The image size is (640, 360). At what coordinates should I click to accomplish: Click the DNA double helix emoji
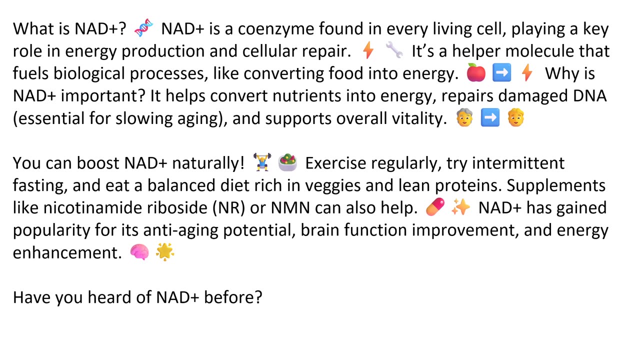pyautogui.click(x=144, y=28)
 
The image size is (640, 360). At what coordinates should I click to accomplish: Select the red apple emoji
pyautogui.click(x=476, y=73)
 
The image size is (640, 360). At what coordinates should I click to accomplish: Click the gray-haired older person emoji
pyautogui.click(x=464, y=118)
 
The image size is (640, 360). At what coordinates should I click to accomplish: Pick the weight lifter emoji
pyautogui.click(x=261, y=162)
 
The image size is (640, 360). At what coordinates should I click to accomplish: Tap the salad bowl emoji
pyautogui.click(x=287, y=162)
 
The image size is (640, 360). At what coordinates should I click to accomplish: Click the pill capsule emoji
pyautogui.click(x=435, y=207)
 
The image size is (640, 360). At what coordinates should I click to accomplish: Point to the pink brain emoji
pyautogui.click(x=139, y=252)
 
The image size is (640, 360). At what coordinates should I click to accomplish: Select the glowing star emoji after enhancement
pyautogui.click(x=165, y=252)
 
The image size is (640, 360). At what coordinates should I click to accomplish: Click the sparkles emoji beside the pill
pyautogui.click(x=460, y=207)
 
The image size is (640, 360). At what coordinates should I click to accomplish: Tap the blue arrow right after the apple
pyautogui.click(x=501, y=73)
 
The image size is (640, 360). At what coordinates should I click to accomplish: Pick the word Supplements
pyautogui.click(x=556, y=185)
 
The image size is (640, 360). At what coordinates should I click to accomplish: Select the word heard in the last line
pyautogui.click(x=106, y=297)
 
